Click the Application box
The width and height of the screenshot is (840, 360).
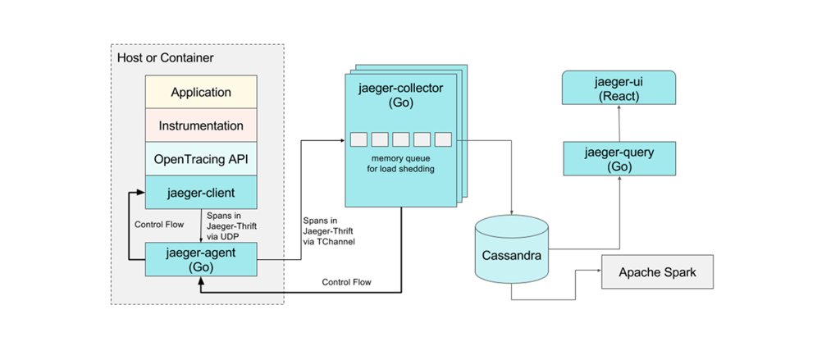201,92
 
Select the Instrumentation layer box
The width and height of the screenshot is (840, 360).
201,125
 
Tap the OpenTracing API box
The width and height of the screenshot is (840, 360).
201,158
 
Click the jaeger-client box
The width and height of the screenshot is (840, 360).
201,193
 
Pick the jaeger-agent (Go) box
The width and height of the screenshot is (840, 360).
201,259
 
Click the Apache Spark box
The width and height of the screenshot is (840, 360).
657,272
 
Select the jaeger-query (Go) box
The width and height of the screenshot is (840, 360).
619,157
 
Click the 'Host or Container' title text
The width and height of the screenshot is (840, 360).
164,58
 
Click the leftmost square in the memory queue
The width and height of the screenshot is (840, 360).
358,139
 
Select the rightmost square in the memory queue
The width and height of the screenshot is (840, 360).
443,139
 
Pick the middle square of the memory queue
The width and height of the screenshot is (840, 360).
400,139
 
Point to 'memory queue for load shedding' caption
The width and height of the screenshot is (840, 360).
400,164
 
